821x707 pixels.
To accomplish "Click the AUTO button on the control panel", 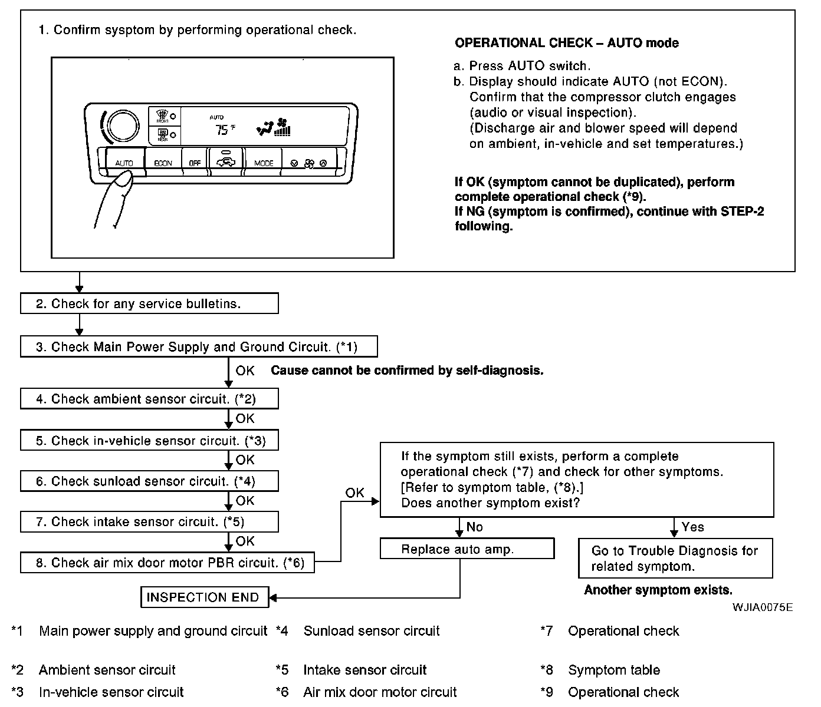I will [x=124, y=162].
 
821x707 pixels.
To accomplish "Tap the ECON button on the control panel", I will [x=163, y=162].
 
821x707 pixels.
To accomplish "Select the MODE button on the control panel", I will [x=263, y=162].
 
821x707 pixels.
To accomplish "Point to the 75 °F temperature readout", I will [x=223, y=130].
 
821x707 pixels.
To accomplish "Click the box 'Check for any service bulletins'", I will [x=149, y=304].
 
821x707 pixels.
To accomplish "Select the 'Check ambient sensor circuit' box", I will [x=149, y=399].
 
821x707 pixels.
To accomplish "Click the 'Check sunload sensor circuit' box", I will [x=149, y=481].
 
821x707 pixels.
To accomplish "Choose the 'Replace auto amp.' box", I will [x=467, y=549].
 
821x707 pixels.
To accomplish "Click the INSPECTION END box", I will [x=204, y=597].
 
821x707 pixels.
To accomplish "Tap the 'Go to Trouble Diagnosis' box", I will [x=675, y=559].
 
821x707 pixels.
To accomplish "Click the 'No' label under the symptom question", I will [x=475, y=527].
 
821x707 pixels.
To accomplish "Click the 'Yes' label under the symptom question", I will [x=692, y=527].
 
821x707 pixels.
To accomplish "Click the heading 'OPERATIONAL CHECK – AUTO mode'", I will [x=566, y=43].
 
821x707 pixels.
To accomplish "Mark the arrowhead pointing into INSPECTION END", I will [x=273, y=598].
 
